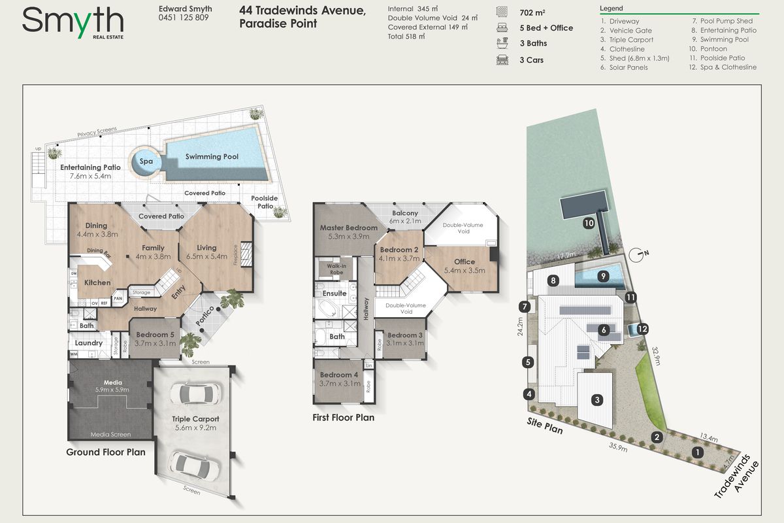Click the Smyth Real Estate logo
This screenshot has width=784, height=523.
click(x=73, y=22)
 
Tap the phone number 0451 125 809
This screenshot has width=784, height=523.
click(x=184, y=18)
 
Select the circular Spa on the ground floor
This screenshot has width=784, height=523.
click(x=145, y=161)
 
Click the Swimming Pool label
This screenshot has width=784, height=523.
click(x=212, y=157)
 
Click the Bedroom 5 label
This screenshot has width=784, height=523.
click(x=155, y=335)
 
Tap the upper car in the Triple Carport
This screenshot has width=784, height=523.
click(x=195, y=394)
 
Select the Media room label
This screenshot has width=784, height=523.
click(x=112, y=382)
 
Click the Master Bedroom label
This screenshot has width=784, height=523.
click(x=349, y=228)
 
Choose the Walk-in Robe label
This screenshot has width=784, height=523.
click(x=336, y=269)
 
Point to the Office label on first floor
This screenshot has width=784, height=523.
click(x=465, y=261)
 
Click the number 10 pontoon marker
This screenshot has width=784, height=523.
click(x=589, y=223)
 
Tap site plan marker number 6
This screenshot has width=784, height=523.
click(x=604, y=329)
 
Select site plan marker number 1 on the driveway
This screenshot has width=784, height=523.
click(x=698, y=452)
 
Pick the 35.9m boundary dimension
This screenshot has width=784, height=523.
click(x=618, y=447)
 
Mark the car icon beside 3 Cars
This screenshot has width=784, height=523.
click(x=502, y=60)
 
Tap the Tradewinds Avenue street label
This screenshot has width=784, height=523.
click(x=737, y=476)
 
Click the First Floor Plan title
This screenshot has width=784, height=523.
click(x=344, y=418)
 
